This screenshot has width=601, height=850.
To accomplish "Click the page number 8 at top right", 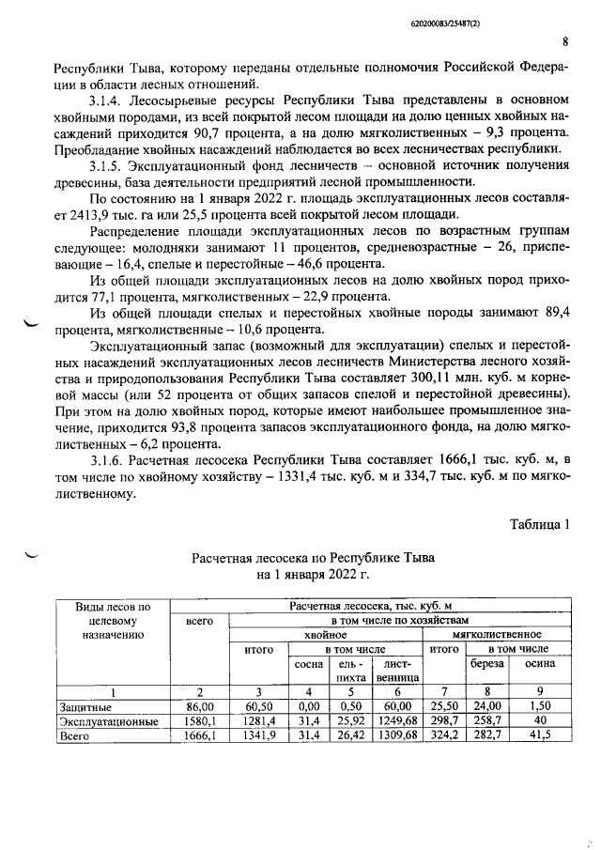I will click(565, 40).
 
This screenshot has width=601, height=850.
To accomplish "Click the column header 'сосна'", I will click(309, 664).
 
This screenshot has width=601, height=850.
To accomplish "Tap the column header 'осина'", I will click(538, 663).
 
